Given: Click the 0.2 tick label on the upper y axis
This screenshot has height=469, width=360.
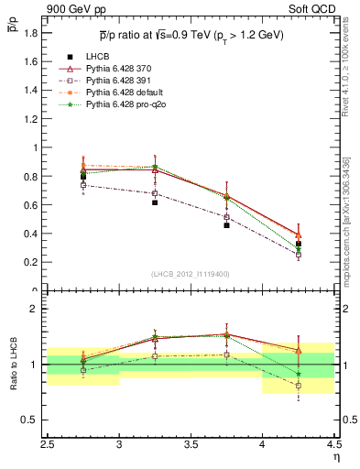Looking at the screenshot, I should coord(31,262).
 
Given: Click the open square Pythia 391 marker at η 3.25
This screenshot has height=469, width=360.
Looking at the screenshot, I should coord(155,193).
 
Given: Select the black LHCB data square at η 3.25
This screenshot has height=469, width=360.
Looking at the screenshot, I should coord(155,202).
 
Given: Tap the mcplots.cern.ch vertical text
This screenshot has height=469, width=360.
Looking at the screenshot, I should coord(349,211).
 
